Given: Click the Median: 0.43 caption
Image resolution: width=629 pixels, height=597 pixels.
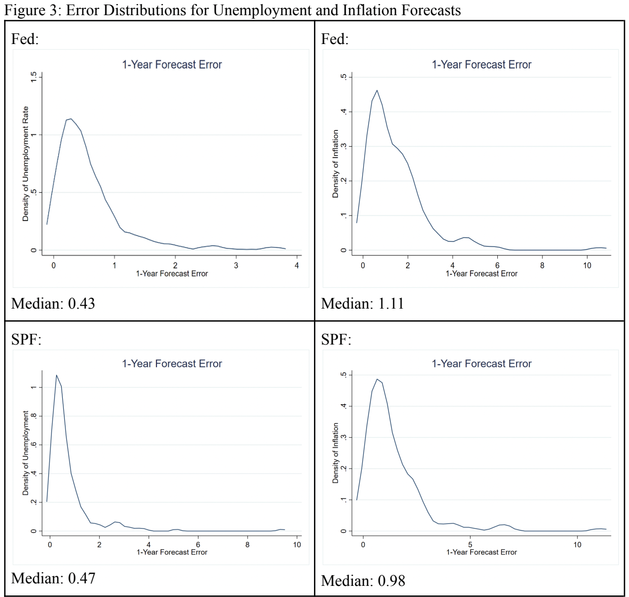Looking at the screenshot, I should point(53,304).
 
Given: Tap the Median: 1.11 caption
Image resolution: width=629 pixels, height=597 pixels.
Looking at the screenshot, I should point(363,304).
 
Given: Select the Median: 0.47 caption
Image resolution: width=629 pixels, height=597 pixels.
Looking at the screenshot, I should point(53,578).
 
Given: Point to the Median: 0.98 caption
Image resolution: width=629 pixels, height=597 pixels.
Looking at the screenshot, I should point(363,581).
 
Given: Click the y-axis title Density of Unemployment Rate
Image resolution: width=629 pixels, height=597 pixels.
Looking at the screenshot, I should point(25,163).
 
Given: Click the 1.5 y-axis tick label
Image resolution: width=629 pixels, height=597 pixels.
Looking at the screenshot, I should point(34,77).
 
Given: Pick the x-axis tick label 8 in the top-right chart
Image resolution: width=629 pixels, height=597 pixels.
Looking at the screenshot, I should point(542,265).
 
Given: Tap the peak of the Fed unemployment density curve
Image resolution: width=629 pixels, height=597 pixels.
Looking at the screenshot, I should point(71,119).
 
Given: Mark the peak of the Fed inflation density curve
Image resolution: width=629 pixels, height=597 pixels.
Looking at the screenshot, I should point(377,91).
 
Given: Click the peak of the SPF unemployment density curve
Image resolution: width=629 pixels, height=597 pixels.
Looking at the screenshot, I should point(56,375).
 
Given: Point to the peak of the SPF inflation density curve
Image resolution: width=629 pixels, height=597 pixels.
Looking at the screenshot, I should point(377,379).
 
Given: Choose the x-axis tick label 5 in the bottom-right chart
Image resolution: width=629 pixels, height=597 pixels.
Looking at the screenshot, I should point(470,545).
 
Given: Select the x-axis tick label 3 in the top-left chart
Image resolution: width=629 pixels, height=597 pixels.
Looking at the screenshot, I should point(236,265).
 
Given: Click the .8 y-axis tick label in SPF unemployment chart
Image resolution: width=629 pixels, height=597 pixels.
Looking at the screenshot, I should point(34,416).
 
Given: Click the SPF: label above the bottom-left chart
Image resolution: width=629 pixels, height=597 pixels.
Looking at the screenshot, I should point(26,339).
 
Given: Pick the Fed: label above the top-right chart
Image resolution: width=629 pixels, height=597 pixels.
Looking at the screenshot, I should point(335,39).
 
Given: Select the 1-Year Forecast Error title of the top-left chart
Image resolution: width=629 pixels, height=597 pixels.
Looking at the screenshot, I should point(172,65).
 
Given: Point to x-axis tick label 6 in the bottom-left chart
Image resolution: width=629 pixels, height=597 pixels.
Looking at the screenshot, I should point(198,545).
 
